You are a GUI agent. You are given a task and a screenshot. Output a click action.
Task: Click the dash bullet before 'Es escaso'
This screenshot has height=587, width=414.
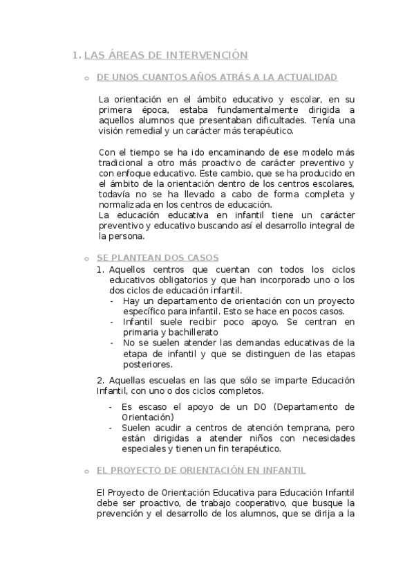point(112,407)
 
